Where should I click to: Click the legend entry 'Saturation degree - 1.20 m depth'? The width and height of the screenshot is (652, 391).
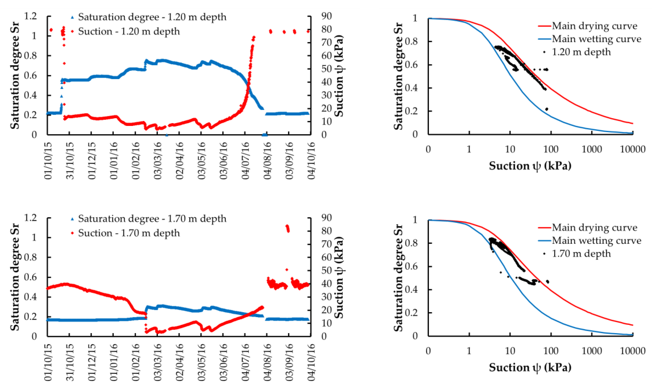(x=152, y=17)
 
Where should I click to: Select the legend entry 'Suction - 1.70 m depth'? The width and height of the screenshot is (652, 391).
(x=129, y=233)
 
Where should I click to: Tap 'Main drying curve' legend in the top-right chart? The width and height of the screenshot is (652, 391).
(x=594, y=26)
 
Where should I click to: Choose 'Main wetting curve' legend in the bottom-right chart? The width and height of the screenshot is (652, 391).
(x=596, y=241)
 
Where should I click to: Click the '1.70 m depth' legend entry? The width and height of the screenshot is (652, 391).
(x=581, y=254)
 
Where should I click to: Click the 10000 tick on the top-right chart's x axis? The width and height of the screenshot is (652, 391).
(x=632, y=149)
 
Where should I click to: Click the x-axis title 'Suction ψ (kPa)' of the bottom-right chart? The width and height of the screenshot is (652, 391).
(x=530, y=368)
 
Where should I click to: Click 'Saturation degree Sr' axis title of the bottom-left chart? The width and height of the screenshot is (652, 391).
(x=15, y=277)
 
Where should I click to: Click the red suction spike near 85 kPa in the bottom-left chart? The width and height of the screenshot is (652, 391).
(x=288, y=228)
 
